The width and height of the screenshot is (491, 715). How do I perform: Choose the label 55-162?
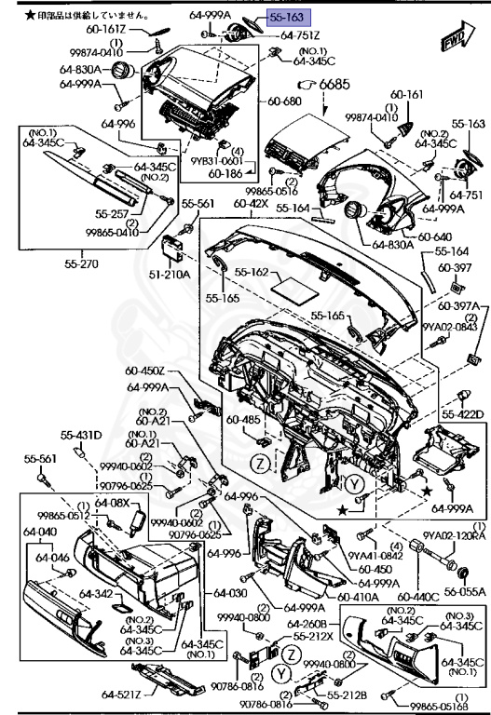tap(251, 274)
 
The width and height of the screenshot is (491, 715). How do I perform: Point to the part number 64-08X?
tap(114, 503)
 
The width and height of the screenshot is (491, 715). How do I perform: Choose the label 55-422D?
tap(462, 414)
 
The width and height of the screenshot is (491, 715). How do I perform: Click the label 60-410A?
tap(356, 595)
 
